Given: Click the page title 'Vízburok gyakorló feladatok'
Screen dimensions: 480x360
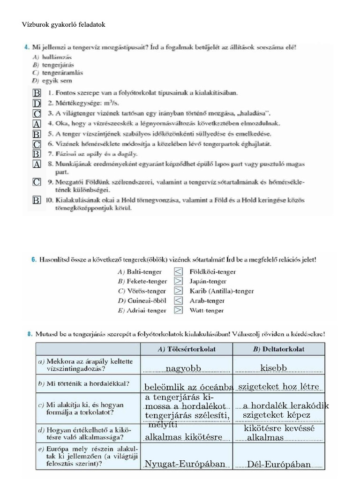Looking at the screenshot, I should point(64,24).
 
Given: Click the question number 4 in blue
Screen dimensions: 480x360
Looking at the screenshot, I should point(26,47).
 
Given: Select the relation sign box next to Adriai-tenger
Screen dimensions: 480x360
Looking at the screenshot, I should point(178,310).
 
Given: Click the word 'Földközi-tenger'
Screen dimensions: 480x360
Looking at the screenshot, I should point(212,272).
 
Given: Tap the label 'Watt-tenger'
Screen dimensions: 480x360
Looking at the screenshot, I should point(207,310).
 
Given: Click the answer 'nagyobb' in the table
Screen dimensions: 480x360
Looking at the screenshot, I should point(183,369).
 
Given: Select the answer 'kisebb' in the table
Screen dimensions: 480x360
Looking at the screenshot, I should point(273,368).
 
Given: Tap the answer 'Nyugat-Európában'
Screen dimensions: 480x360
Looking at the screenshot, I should point(185,464).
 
